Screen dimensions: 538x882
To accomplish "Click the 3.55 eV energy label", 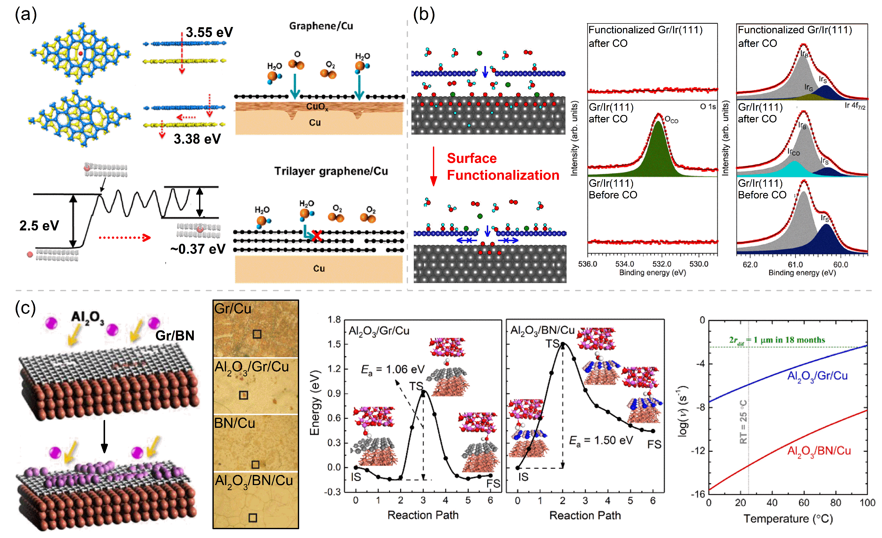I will coord(209,32).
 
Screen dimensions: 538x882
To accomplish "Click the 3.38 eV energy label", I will coord(197,139).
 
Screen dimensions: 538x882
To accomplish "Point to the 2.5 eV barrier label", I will coord(39,226).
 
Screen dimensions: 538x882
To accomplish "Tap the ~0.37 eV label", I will coord(198,249).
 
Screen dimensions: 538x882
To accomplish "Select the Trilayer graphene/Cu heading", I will coord(331,171).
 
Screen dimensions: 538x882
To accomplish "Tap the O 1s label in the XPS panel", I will coord(708,106).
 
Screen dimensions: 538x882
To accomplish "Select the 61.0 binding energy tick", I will coord(795,265).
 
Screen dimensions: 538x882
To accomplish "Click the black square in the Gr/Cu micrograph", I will coord(257,334).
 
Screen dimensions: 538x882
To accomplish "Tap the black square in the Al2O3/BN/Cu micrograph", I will coord(253,518).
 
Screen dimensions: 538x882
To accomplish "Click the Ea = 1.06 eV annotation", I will coord(393,369).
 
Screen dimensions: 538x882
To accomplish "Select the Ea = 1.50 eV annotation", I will coord(601,440).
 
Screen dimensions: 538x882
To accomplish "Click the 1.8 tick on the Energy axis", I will coord(334,319).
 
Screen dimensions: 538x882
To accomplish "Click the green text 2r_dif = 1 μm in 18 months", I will coord(777,340).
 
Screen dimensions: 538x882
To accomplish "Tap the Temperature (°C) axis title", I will coord(788,518).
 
